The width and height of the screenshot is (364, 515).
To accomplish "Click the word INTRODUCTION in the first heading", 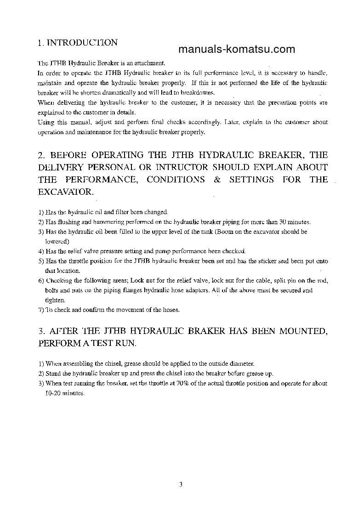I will (x=83, y=43).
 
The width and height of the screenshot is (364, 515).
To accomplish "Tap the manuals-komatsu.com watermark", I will (x=236, y=50).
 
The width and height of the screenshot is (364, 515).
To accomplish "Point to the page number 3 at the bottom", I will (x=181, y=484).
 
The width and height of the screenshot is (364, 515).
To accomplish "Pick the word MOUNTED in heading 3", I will (x=302, y=331).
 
